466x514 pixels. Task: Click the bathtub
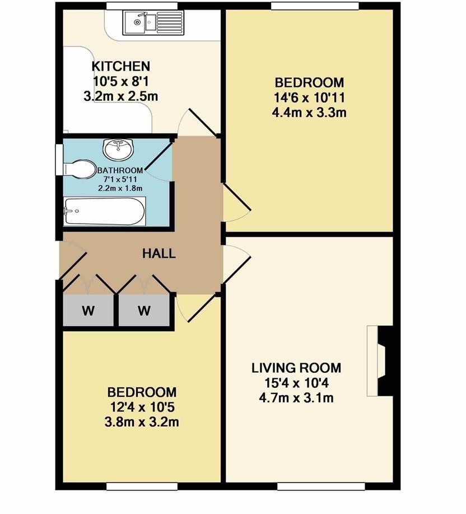(105, 211)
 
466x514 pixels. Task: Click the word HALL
(159, 253)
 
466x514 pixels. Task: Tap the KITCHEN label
(121, 66)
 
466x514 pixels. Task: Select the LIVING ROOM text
(296, 368)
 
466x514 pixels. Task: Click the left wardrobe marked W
(88, 310)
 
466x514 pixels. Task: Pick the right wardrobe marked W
(144, 310)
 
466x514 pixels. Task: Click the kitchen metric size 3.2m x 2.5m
(120, 96)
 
